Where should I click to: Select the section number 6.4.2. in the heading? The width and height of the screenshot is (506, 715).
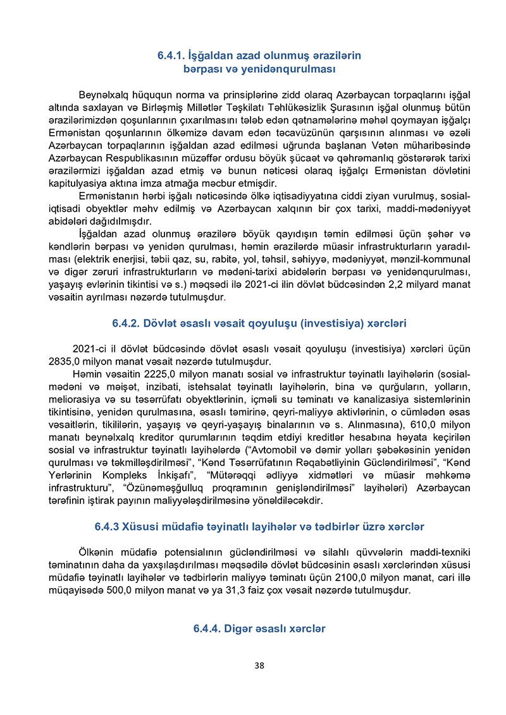click(128, 323)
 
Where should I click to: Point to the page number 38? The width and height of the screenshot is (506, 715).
click(259, 665)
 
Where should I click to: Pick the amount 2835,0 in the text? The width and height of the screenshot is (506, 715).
click(63, 362)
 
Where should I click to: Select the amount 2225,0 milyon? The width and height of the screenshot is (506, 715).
click(161, 374)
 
